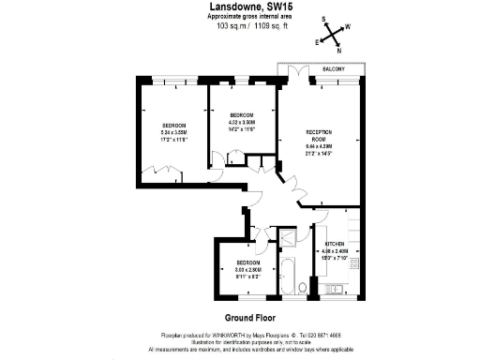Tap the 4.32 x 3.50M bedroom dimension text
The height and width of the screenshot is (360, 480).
click(x=243, y=122)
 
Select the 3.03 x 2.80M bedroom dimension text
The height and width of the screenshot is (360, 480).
click(x=248, y=269)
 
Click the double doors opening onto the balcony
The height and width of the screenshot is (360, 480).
click(x=298, y=72)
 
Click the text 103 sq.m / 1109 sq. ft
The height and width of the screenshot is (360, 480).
click(x=239, y=25)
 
